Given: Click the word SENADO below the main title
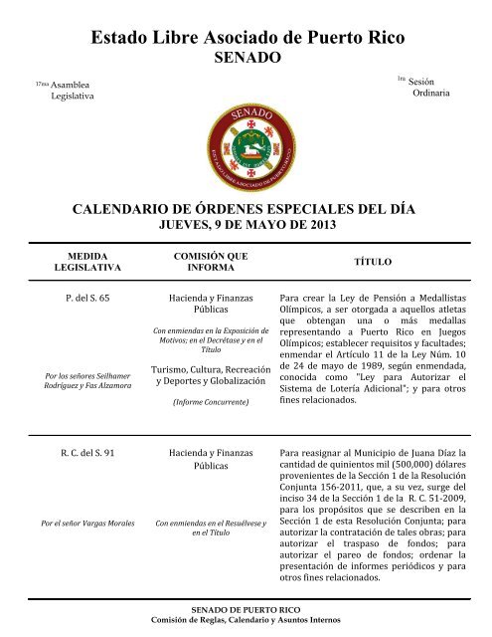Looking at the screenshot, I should [x=246, y=60].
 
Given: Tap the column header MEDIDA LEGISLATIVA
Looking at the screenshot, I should [x=86, y=261].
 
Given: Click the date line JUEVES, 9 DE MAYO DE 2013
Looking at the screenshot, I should [x=246, y=226].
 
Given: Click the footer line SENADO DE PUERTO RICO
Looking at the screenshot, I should [x=245, y=608].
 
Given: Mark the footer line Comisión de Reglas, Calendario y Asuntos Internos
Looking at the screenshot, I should [x=245, y=619].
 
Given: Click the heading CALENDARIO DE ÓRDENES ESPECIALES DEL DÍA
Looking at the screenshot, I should [x=246, y=210].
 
